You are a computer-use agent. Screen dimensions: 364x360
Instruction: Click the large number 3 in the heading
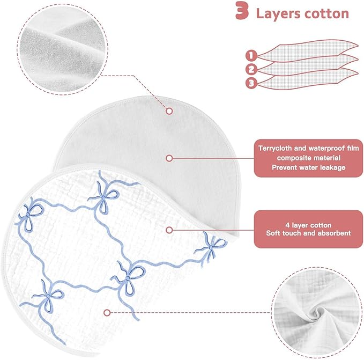[242, 11]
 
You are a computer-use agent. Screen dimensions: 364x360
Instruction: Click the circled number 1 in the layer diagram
[251, 55]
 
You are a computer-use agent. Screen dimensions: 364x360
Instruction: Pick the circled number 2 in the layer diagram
[251, 69]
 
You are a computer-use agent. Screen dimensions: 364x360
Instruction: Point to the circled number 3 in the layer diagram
[251, 83]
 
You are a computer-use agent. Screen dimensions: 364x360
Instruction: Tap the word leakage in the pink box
[333, 167]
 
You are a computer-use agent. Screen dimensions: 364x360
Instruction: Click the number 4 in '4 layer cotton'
[287, 225]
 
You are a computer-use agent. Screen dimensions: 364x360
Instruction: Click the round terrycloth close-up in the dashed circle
[63, 49]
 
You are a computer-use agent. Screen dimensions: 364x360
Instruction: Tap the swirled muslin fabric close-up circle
[317, 312]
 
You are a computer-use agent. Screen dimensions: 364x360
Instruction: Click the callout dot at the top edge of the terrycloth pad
[169, 111]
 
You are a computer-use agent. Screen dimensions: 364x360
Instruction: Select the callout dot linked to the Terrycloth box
[169, 158]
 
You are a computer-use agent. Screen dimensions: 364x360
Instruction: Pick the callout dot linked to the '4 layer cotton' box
[169, 230]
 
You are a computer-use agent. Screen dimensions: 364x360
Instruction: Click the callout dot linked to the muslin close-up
[107, 313]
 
